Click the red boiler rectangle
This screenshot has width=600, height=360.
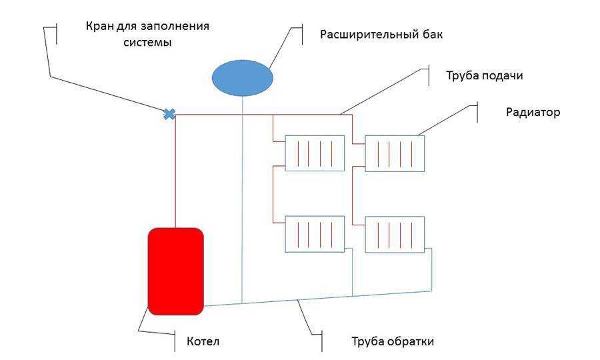coord(175,271)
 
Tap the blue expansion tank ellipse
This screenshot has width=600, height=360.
coord(243,77)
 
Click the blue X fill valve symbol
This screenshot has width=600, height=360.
coord(169,114)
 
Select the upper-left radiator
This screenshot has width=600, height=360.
coord(315,153)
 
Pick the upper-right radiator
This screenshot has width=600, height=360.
coord(395,153)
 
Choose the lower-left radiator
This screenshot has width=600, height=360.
coord(315,234)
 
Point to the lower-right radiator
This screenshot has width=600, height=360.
coord(395,235)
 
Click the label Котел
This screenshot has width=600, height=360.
coord(203,341)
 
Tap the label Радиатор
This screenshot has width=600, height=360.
coord(533,112)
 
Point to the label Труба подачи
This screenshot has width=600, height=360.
coord(485,76)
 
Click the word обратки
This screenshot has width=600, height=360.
coord(412,341)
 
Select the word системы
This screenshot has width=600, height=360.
coord(147,42)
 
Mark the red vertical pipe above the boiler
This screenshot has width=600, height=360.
coord(175,171)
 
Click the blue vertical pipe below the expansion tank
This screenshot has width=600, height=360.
coord(242,199)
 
